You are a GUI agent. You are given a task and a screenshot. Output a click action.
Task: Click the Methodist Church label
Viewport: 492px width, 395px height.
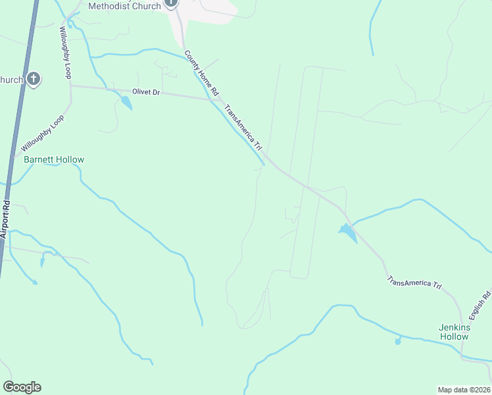[x=125, y=6]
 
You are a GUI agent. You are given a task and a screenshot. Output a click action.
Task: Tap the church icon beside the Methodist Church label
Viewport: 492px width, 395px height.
[x=171, y=3]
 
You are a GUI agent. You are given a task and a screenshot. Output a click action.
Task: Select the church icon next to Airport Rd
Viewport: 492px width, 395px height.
[x=34, y=80]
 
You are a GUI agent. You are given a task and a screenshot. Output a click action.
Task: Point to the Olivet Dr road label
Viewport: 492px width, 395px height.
[x=147, y=92]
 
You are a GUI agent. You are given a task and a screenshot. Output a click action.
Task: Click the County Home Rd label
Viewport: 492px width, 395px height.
[x=201, y=76]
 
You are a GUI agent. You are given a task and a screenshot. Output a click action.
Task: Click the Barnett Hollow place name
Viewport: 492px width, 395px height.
[x=54, y=159]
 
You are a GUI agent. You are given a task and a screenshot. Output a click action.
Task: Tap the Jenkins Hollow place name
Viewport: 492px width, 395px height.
[x=454, y=332]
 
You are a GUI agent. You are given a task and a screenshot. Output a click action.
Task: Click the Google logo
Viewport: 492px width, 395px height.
[x=22, y=386]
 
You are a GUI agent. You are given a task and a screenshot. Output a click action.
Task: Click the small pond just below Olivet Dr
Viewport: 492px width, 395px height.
[x=125, y=103]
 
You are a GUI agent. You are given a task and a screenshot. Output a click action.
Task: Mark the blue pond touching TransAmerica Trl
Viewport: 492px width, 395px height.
[x=347, y=231]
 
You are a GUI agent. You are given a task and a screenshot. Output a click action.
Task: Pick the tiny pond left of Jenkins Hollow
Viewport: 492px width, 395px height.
[x=398, y=341]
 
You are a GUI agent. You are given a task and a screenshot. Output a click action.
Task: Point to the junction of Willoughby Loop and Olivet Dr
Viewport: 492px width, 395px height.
[x=71, y=86]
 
